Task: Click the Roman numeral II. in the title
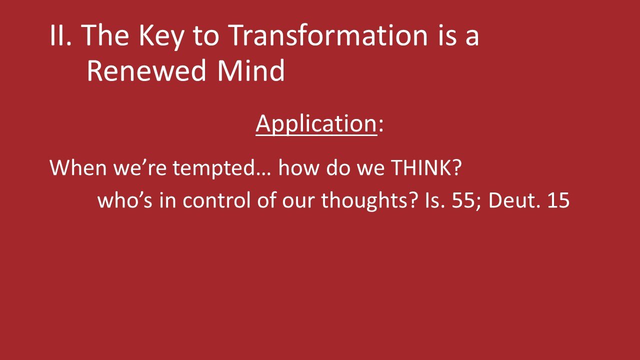coord(61,36)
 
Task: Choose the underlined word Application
coord(316,123)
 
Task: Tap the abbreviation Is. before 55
coord(431,200)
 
